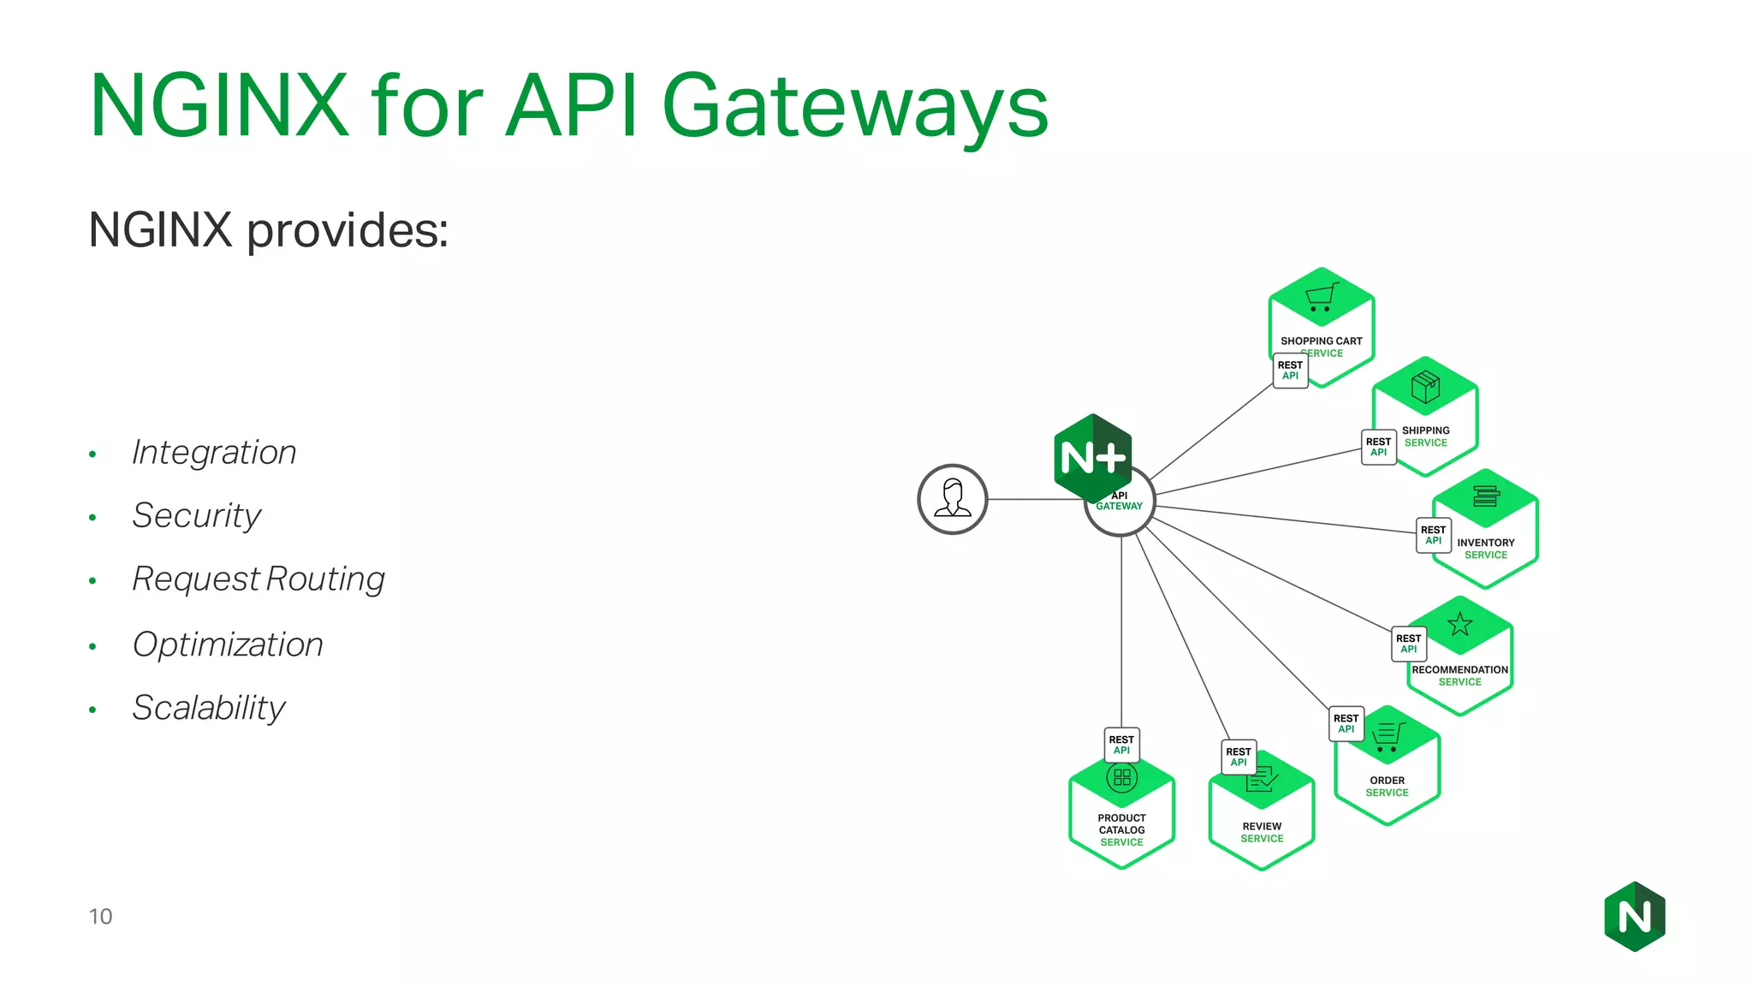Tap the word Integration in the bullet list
pyautogui.click(x=214, y=452)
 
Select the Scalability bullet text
pyautogui.click(x=208, y=708)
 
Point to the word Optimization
pyautogui.click(x=228, y=644)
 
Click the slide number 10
pyautogui.click(x=100, y=917)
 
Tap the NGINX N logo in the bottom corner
pyautogui.click(x=1634, y=917)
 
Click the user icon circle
pyautogui.click(x=952, y=499)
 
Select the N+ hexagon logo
pyautogui.click(x=1092, y=458)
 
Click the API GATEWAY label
pyautogui.click(x=1120, y=502)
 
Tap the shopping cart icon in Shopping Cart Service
pyautogui.click(x=1321, y=297)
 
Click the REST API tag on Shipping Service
pyautogui.click(x=1378, y=447)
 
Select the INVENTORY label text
pyautogui.click(x=1485, y=543)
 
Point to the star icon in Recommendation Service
pyautogui.click(x=1459, y=624)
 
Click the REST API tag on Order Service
pyautogui.click(x=1346, y=723)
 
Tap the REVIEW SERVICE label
pyautogui.click(x=1262, y=832)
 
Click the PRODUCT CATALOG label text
pyautogui.click(x=1121, y=824)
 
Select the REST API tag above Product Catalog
pyautogui.click(x=1121, y=745)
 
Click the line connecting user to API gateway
pyautogui.click(x=1036, y=499)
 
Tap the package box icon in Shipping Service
pyautogui.click(x=1425, y=387)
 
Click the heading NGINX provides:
pyautogui.click(x=268, y=230)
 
